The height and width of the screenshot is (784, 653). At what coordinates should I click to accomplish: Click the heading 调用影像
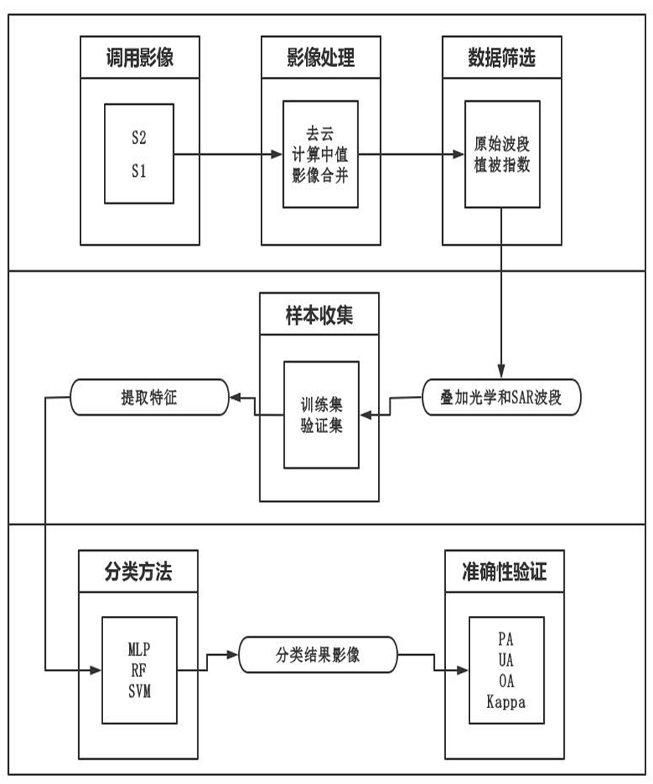point(139,58)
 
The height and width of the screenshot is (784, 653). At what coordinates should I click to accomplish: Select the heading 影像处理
point(320,58)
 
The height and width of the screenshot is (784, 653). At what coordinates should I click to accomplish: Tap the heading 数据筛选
point(501,58)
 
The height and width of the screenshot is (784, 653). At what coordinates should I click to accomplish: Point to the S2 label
point(139,138)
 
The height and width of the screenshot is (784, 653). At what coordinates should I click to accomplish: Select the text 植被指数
point(501,164)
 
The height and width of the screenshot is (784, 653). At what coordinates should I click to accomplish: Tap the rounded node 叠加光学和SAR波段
point(502,397)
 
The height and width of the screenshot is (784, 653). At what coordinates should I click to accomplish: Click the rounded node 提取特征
point(148,397)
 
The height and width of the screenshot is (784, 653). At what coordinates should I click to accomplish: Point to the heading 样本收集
point(320,315)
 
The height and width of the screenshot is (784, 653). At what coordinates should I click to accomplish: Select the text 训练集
point(321,405)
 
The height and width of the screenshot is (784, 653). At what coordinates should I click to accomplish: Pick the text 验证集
point(321,424)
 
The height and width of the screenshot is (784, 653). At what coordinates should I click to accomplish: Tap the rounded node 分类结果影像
point(318,653)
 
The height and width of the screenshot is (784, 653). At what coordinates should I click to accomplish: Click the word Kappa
point(506,701)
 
